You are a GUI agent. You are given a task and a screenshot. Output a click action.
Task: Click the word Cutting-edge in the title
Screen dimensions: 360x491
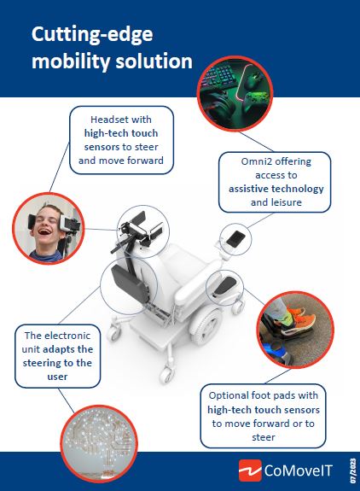point(92,35)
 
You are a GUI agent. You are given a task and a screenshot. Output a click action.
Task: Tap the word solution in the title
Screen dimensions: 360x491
point(154,61)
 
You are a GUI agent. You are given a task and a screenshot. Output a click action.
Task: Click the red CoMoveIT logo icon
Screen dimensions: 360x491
point(250,471)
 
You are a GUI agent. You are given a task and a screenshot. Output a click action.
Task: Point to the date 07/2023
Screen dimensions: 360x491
point(353,471)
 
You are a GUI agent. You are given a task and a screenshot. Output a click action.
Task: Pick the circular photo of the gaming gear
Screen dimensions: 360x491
point(235,93)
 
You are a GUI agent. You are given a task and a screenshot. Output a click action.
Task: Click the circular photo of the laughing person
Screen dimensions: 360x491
point(49,228)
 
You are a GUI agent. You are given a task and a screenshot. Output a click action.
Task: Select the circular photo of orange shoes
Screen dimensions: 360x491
point(295,330)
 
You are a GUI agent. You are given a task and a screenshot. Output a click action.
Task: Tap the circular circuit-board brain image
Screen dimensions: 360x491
point(99,444)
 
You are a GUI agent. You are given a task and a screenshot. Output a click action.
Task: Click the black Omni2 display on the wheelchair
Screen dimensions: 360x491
point(235,239)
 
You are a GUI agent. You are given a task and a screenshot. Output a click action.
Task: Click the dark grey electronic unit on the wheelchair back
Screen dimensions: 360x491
point(130,283)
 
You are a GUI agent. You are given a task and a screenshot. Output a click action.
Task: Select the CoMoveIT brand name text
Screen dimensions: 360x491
point(299,471)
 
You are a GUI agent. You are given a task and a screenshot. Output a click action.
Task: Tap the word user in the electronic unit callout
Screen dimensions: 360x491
point(57,377)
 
